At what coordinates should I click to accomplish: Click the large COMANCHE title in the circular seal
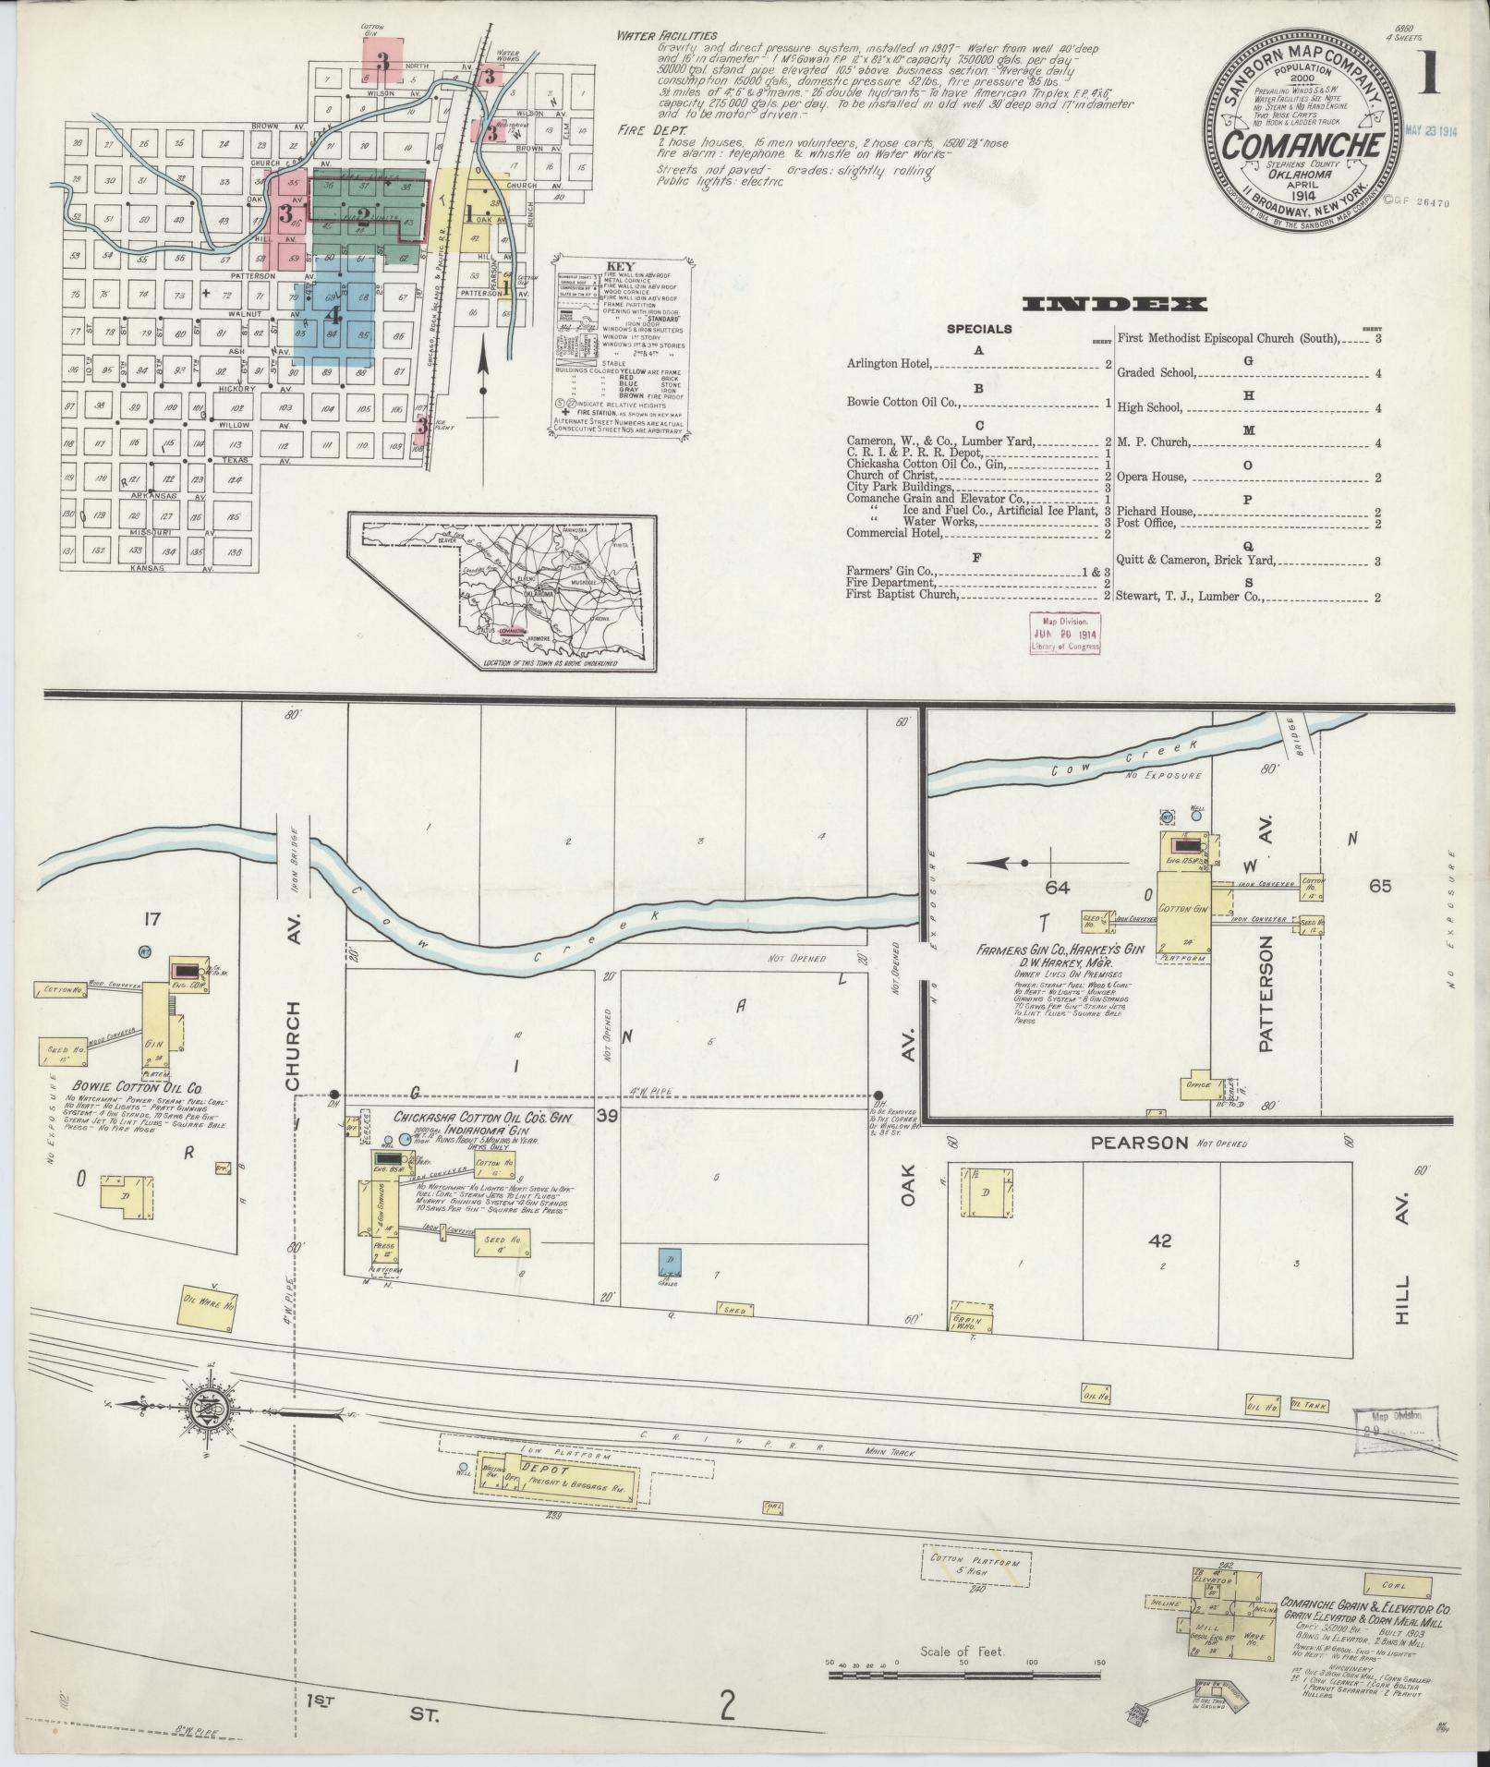click(x=1303, y=147)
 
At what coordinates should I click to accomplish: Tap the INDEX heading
click(x=1114, y=304)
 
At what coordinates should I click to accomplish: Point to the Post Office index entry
click(x=1146, y=524)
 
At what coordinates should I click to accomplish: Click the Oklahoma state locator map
click(x=503, y=591)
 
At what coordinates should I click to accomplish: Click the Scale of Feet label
click(x=961, y=1651)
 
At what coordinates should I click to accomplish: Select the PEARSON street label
click(x=1139, y=1143)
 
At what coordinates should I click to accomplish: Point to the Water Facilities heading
click(x=670, y=36)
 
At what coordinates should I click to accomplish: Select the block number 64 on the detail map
click(x=1057, y=888)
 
